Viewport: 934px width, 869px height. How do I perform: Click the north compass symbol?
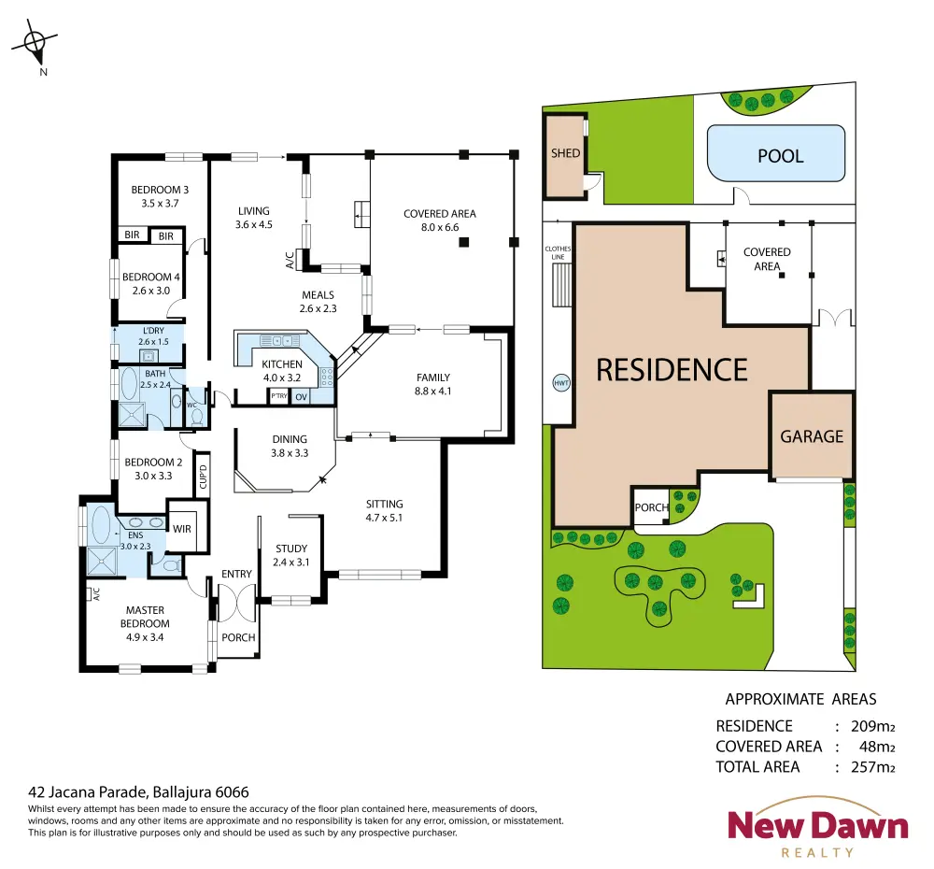35,43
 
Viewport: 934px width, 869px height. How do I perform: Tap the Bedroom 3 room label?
160,190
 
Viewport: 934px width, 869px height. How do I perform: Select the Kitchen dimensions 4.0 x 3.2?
282,378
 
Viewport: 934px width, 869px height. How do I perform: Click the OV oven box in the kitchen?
302,397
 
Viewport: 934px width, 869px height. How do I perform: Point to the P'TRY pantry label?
278,396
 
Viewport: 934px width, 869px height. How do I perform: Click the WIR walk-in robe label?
182,529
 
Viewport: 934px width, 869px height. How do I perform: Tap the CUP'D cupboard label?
203,477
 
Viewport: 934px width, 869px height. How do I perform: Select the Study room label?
291,548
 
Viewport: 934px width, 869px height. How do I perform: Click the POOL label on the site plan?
780,156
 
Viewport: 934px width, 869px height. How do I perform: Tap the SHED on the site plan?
565,156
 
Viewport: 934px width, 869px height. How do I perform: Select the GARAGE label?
812,437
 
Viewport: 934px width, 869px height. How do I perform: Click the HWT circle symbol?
561,383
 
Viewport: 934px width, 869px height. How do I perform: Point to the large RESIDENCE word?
672,370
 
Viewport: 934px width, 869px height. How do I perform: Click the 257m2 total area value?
872,767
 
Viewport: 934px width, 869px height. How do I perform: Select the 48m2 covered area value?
877,747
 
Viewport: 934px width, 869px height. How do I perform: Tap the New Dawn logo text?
818,825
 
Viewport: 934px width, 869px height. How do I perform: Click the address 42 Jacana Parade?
87,792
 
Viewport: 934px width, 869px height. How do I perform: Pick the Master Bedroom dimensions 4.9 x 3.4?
145,637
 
